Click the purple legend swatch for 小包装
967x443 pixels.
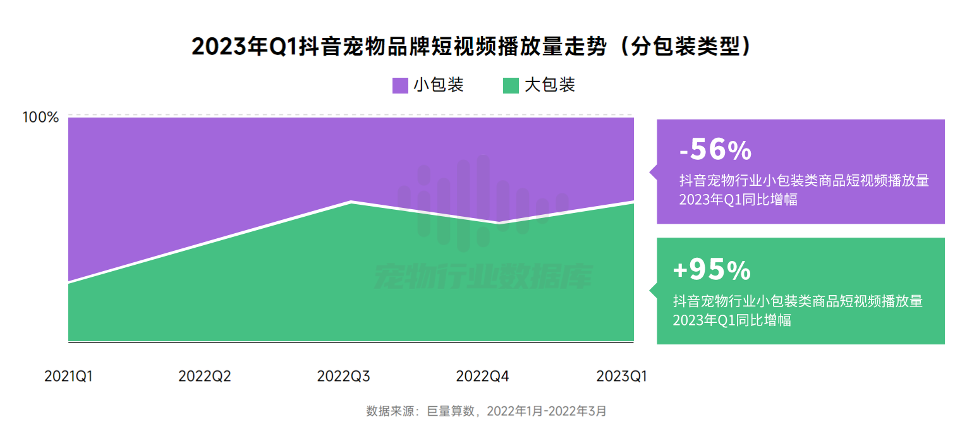tap(400, 85)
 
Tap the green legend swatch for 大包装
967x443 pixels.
tap(511, 85)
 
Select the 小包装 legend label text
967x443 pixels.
tap(439, 85)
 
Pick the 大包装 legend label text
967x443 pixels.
tap(549, 85)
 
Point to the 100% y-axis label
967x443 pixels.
tap(40, 118)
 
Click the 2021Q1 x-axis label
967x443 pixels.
tap(68, 377)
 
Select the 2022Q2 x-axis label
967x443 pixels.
tap(205, 377)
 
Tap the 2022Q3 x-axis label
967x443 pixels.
tap(343, 377)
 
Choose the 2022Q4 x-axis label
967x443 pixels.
tap(482, 377)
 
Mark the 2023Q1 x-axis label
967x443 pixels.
tap(622, 377)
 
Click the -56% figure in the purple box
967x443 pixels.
tap(715, 150)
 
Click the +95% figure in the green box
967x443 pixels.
tap(712, 270)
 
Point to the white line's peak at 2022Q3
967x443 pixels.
tap(351, 202)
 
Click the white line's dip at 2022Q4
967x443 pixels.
tap(499, 223)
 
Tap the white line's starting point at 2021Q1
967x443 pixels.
tap(68, 282)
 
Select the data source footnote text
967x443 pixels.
tap(486, 411)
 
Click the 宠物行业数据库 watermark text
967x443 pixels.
tap(483, 276)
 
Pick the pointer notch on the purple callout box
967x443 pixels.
tap(653, 171)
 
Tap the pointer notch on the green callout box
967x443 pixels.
tap(653, 290)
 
